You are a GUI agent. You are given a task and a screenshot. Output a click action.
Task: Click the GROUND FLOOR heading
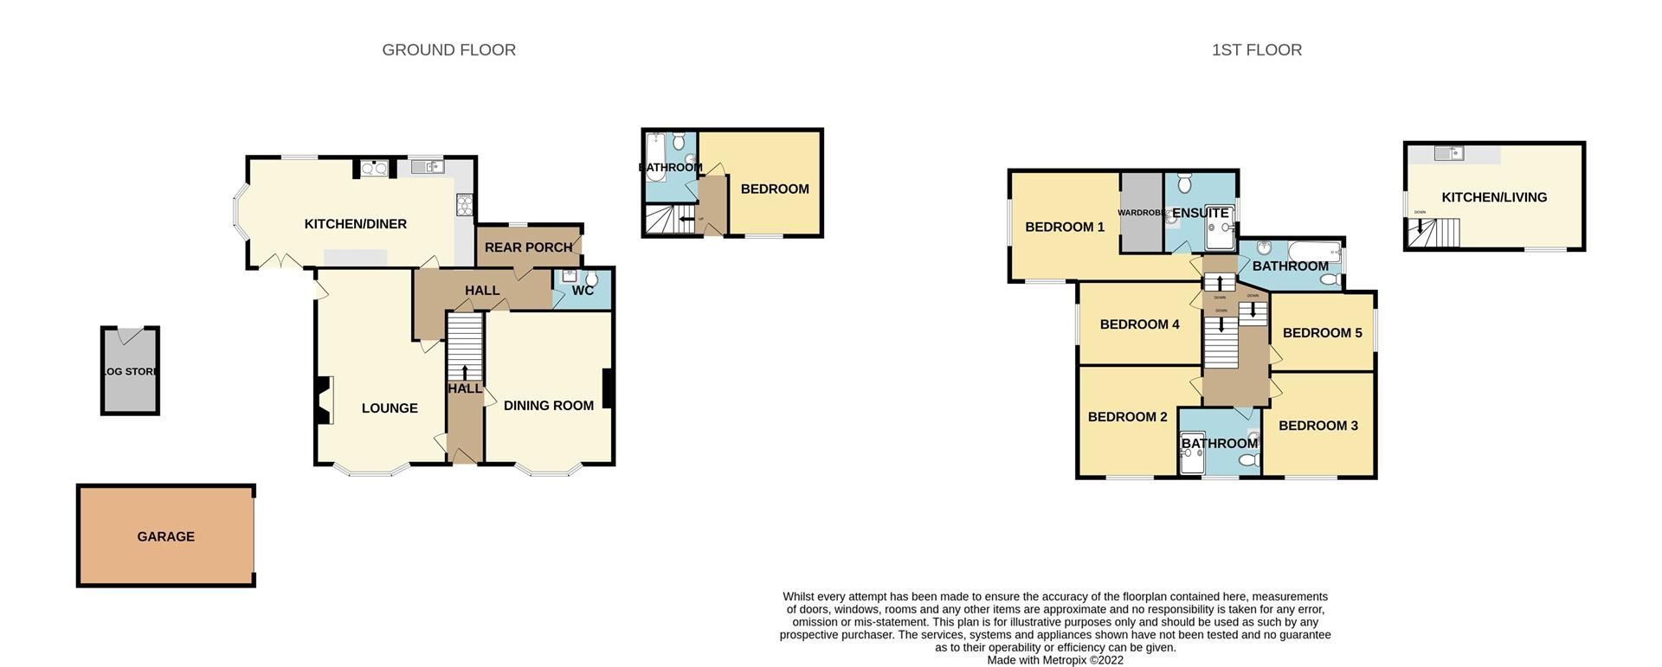tap(448, 50)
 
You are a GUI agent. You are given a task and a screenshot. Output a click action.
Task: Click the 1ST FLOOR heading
tap(1256, 50)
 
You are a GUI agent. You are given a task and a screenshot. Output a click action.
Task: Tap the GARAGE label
tap(165, 536)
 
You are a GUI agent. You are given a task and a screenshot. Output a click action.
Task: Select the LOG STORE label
tap(130, 372)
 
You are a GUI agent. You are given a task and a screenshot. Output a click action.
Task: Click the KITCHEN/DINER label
tap(355, 224)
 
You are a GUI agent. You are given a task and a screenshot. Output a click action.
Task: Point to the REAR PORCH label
tap(528, 247)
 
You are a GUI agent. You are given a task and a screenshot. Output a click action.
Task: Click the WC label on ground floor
tap(583, 291)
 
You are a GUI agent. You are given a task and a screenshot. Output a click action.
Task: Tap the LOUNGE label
tap(390, 408)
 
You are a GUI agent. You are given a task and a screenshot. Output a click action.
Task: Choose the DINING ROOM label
tap(548, 406)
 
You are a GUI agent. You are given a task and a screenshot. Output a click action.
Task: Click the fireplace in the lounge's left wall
tap(324, 401)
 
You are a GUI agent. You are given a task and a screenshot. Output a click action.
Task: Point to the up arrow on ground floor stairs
tap(465, 372)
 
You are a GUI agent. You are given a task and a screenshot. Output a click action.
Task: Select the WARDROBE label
tap(1139, 213)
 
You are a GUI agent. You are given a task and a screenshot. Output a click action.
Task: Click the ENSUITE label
tap(1201, 213)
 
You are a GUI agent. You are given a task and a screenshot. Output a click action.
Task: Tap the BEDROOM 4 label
tap(1139, 324)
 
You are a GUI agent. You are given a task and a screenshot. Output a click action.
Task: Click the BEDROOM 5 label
tap(1322, 333)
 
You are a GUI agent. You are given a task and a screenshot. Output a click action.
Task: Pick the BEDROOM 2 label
tap(1127, 417)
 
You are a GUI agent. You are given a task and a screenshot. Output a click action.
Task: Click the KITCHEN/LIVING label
tap(1494, 197)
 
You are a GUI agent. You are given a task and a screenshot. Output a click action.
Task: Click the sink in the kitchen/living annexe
tap(1448, 154)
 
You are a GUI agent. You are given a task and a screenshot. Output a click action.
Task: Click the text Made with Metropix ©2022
tap(1054, 660)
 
